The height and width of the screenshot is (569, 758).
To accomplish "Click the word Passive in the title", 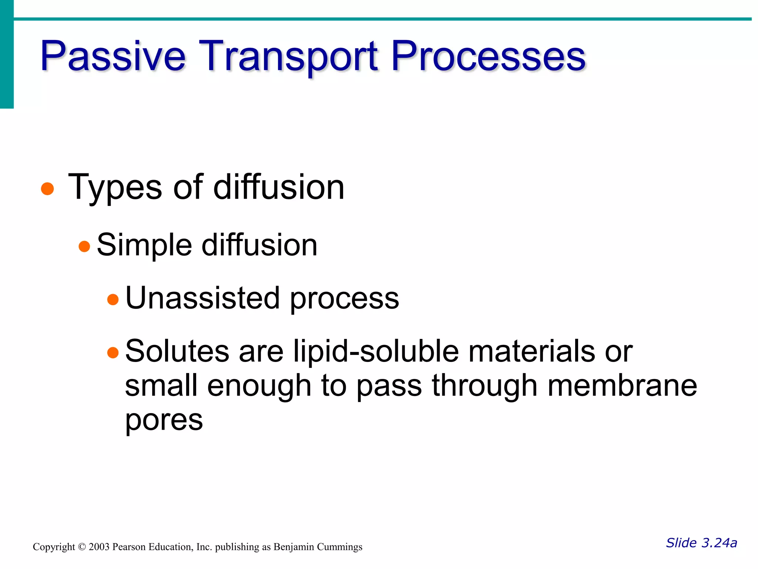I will (113, 56).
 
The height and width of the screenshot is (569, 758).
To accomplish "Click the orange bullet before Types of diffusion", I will (47, 189).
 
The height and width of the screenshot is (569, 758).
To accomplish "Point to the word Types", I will (115, 187).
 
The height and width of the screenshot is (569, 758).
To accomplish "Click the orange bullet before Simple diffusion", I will (84, 246).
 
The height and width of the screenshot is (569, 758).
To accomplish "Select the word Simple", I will (144, 245).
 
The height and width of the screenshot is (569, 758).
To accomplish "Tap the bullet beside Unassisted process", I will (113, 299).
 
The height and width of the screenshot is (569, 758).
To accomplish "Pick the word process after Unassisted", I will (345, 299).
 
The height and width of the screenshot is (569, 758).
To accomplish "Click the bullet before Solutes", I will (113, 353).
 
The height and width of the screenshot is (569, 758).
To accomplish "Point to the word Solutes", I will (177, 351).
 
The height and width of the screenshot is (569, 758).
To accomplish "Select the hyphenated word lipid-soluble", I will (376, 351).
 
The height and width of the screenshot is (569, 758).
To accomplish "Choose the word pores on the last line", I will (164, 421).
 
